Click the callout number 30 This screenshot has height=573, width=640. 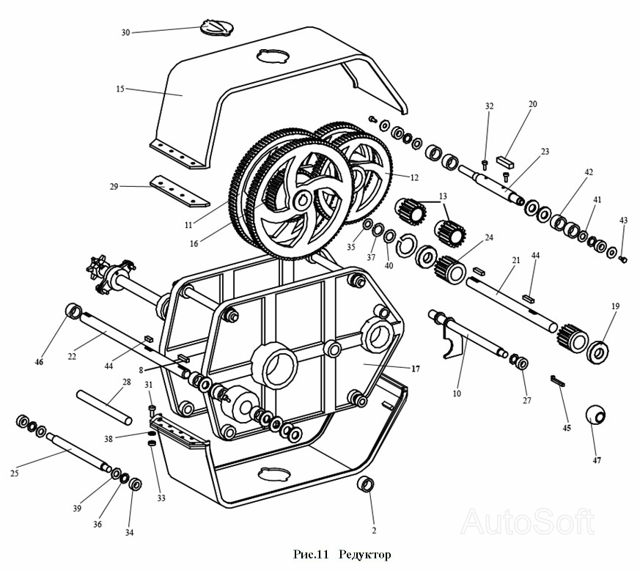click(x=125, y=33)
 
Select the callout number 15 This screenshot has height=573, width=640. click(x=120, y=89)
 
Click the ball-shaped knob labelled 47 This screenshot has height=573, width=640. click(x=597, y=414)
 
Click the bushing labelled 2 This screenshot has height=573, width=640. click(x=366, y=484)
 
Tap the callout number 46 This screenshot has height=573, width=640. click(x=39, y=362)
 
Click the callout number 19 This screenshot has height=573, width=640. click(x=615, y=306)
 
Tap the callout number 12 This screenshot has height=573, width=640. click(x=414, y=177)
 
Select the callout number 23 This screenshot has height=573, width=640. click(x=545, y=152)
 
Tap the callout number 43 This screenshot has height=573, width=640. click(x=623, y=220)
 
